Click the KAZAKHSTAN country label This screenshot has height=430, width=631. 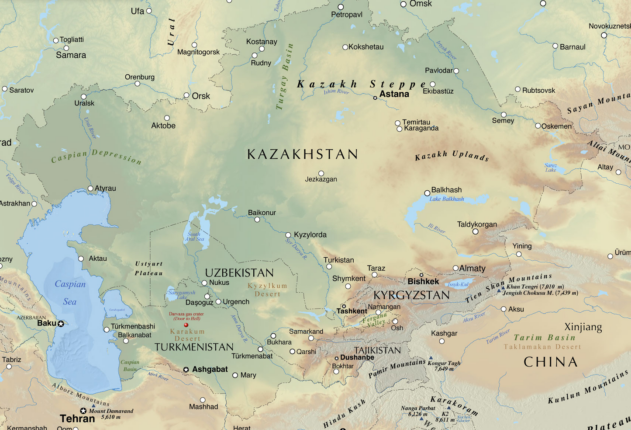point(303,154)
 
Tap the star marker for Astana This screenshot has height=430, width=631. point(375,98)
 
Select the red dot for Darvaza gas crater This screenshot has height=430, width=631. point(186,325)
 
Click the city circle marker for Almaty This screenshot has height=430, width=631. point(455,268)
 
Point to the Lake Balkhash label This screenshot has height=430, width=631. point(446,199)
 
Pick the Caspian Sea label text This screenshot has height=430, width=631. point(70,292)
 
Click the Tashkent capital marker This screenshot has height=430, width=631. point(344,306)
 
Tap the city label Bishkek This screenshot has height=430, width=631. point(423,281)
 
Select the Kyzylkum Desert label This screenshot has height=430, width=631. point(267,290)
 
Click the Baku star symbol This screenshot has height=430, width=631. point(61,324)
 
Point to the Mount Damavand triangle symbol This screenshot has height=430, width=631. point(93,406)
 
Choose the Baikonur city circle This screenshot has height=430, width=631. point(257,220)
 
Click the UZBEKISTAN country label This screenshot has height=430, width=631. point(239,273)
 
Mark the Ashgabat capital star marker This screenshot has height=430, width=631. point(186,370)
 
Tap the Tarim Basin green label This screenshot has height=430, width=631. point(545,338)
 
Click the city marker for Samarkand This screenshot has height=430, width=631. point(311,338)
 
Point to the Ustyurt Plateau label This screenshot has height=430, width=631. point(149,268)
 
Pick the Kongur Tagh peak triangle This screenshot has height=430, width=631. point(431,358)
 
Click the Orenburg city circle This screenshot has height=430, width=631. point(138,84)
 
